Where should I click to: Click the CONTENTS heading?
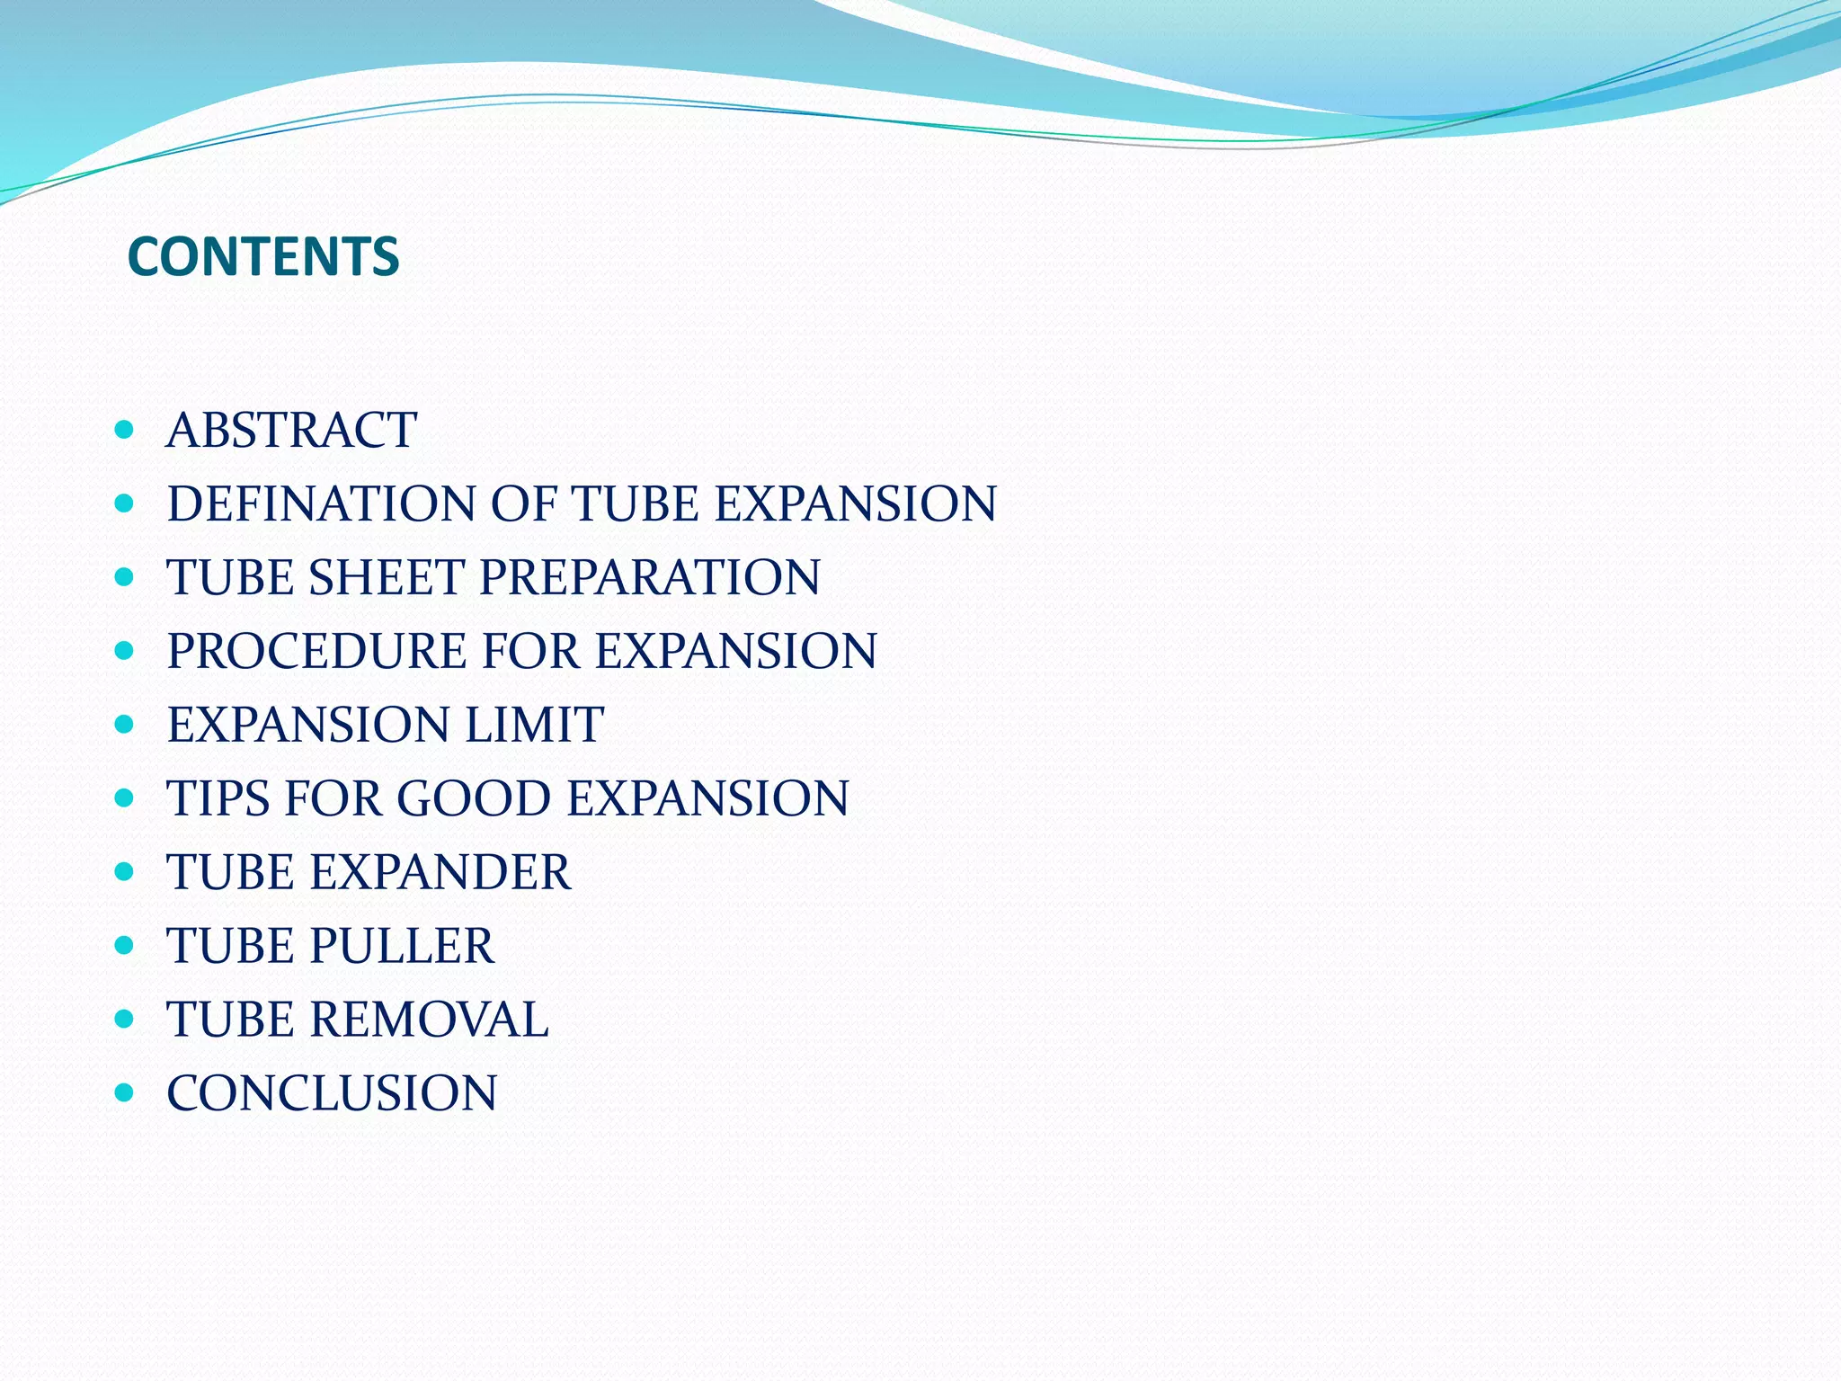tap(263, 257)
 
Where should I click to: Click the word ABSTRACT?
tap(292, 430)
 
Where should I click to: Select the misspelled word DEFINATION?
tap(321, 503)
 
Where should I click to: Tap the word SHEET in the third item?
tap(387, 577)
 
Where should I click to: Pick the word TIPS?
tap(218, 798)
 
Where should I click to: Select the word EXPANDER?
tap(440, 872)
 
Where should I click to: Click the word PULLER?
tap(402, 946)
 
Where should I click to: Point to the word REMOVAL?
tap(430, 1020)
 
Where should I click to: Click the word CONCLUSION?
tap(332, 1093)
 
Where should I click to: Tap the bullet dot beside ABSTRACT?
tap(125, 430)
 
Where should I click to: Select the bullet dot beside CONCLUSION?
tap(125, 1093)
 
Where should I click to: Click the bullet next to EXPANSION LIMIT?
tap(125, 725)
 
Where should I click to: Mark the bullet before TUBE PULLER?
tap(125, 946)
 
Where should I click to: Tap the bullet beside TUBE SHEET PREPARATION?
tap(125, 577)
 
